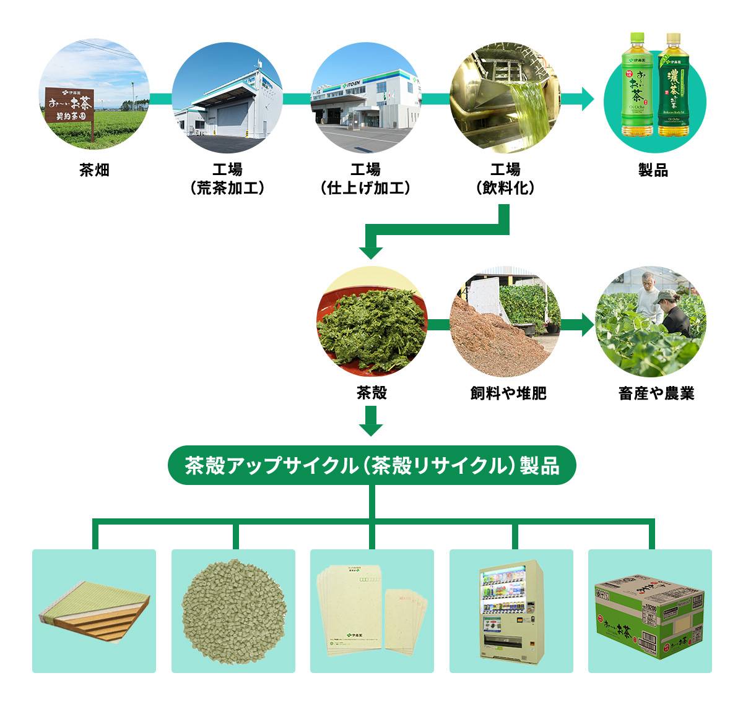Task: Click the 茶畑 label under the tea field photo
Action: [94, 170]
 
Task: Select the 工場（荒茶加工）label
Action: [227, 179]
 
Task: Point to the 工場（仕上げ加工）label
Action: [365, 179]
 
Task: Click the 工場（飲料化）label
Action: [505, 179]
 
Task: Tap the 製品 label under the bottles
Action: [653, 170]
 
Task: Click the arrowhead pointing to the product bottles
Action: [585, 99]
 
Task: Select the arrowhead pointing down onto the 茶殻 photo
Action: [371, 251]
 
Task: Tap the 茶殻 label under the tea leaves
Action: [371, 393]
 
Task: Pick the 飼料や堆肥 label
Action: [508, 393]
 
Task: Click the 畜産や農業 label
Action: [656, 393]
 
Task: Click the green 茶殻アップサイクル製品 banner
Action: [371, 465]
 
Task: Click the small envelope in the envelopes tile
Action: [406, 620]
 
